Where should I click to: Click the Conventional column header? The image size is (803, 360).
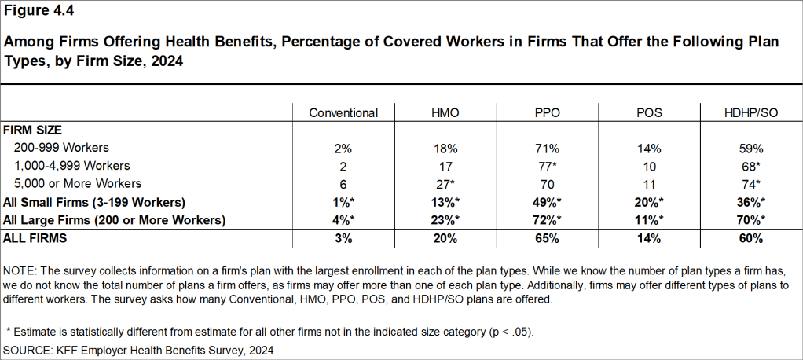(343, 113)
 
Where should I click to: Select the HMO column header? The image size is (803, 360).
(445, 113)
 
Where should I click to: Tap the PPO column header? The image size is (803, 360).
(547, 113)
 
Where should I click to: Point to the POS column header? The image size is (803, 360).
(648, 113)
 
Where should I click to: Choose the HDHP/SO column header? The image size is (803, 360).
(750, 113)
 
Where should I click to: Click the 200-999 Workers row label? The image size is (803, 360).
(61, 147)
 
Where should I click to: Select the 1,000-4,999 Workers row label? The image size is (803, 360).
(71, 166)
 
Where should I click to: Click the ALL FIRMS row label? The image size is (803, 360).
(35, 237)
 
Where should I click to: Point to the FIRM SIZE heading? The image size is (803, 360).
(32, 129)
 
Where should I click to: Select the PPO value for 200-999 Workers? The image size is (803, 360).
(547, 147)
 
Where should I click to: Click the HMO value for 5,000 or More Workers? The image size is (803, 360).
(446, 184)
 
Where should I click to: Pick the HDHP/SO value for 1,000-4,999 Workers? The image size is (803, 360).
(751, 166)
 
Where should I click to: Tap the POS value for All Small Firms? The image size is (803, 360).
(649, 202)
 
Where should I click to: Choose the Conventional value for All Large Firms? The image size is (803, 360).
(343, 220)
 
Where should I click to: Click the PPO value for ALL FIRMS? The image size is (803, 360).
(547, 237)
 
